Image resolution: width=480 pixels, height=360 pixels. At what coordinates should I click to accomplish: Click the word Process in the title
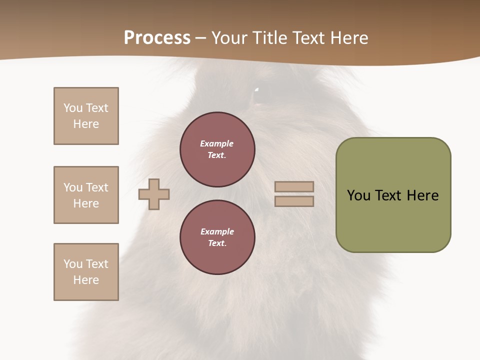point(157,38)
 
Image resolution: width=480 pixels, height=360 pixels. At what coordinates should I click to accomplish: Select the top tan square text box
point(86,116)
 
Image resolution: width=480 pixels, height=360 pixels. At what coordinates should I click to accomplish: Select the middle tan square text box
point(86,195)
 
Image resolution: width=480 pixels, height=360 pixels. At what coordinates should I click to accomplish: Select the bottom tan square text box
point(86,272)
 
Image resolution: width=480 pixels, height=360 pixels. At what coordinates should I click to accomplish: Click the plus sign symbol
point(154,194)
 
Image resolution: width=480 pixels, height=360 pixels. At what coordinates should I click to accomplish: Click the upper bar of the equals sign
point(294,187)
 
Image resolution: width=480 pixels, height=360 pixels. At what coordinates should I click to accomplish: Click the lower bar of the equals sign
point(294,201)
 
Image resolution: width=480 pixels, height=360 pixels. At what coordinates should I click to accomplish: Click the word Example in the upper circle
point(216,143)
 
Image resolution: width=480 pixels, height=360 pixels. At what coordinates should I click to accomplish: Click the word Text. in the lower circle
point(217,243)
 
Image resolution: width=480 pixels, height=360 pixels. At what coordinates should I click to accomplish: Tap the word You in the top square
point(73,108)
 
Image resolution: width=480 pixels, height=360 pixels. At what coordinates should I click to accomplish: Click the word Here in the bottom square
point(86,280)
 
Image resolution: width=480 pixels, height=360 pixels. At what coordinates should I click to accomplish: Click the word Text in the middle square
point(97,187)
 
